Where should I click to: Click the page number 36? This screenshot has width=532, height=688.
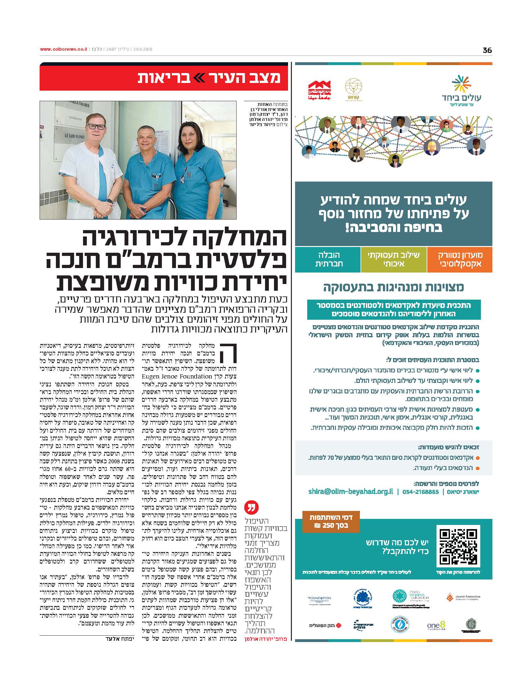click(x=487, y=50)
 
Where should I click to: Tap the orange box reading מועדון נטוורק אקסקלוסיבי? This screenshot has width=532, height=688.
click(x=459, y=259)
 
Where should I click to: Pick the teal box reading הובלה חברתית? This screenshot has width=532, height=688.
click(x=328, y=259)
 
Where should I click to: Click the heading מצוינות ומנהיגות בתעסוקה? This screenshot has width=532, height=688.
click(x=393, y=287)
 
